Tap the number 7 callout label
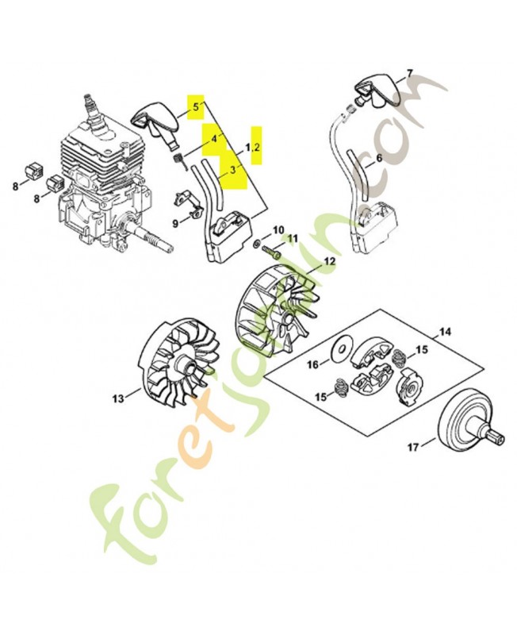point(409,74)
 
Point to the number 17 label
point(412,448)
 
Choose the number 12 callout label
point(329,260)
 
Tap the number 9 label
point(174,225)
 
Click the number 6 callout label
point(378,158)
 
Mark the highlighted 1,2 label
point(253,148)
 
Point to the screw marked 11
point(274,252)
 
